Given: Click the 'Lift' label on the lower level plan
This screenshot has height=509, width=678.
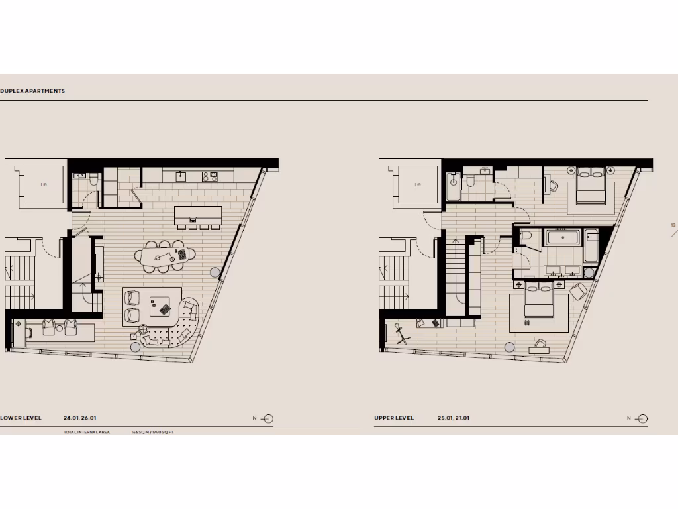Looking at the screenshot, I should [44, 184].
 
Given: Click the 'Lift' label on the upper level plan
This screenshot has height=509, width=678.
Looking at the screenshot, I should [418, 184].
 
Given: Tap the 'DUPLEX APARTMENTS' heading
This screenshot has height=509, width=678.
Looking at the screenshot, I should [32, 91].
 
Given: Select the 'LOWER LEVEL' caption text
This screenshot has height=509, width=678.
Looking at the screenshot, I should [21, 418].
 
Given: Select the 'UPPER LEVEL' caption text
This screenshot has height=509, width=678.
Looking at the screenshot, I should [394, 418].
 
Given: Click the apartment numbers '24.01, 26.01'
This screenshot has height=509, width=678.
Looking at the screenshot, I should [80, 418].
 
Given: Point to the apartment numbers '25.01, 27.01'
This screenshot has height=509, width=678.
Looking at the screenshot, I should [454, 418].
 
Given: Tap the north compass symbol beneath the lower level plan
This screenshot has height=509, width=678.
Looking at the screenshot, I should [267, 418].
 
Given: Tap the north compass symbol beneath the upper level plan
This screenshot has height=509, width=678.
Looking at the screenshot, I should [641, 418].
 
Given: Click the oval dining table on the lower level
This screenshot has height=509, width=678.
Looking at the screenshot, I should [166, 254].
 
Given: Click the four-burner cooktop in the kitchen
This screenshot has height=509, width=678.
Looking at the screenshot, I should [210, 176].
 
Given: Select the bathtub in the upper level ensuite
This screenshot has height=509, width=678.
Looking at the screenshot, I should [563, 237].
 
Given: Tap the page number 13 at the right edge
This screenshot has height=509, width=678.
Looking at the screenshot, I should [673, 225].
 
